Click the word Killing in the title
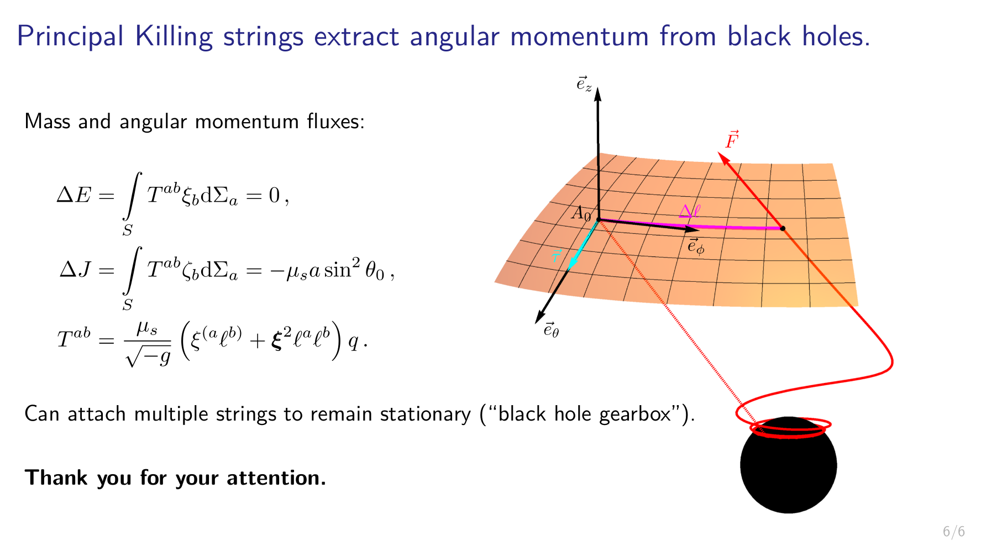174,37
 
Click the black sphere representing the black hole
788,470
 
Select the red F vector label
732,140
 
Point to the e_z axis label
584,84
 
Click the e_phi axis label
696,246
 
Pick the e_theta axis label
551,330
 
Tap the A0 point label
581,213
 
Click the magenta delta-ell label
689,211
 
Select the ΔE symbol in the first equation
74,195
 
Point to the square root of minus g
148,357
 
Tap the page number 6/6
953,532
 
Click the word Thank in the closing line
56,477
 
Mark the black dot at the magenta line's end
783,228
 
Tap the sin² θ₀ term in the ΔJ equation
354,270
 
